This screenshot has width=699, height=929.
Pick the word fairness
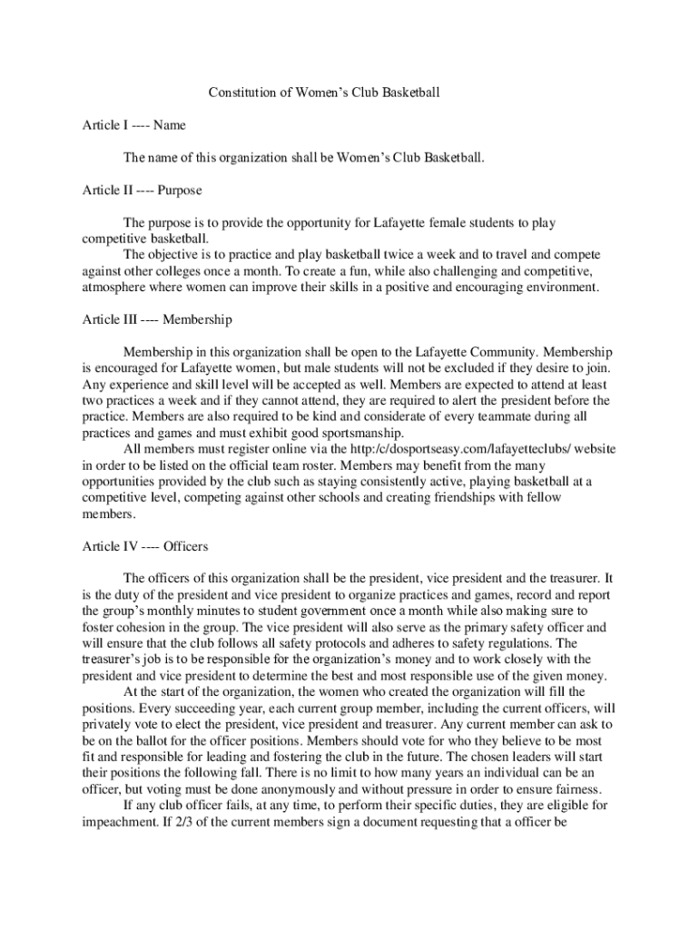[x=577, y=787]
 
